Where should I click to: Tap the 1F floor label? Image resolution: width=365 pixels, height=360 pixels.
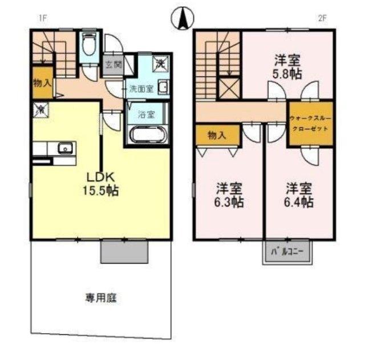(x=41, y=18)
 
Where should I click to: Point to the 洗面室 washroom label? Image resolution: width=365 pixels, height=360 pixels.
(x=140, y=89)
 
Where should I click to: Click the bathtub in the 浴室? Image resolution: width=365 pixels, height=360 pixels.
(x=148, y=136)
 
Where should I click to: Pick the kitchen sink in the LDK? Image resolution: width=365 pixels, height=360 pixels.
(x=64, y=149)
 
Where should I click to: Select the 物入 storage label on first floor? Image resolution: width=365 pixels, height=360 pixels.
(x=43, y=82)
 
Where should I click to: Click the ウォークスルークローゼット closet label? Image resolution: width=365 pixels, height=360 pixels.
(x=309, y=124)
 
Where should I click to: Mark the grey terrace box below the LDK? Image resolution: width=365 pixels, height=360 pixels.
(x=125, y=250)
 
